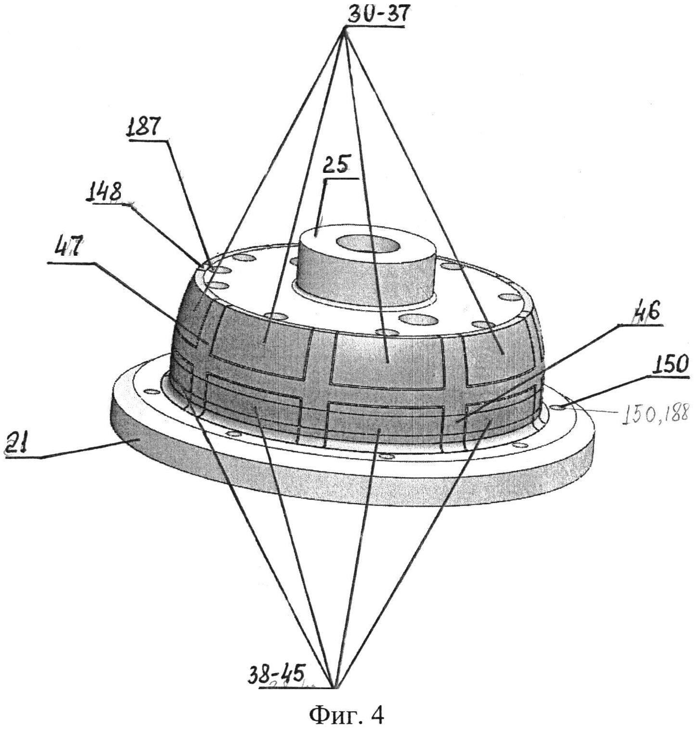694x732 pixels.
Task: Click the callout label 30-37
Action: coord(376,14)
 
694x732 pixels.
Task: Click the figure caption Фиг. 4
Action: coord(347,715)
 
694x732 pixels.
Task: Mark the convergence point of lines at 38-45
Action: coord(334,686)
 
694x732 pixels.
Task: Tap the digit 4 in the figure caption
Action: coord(378,715)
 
